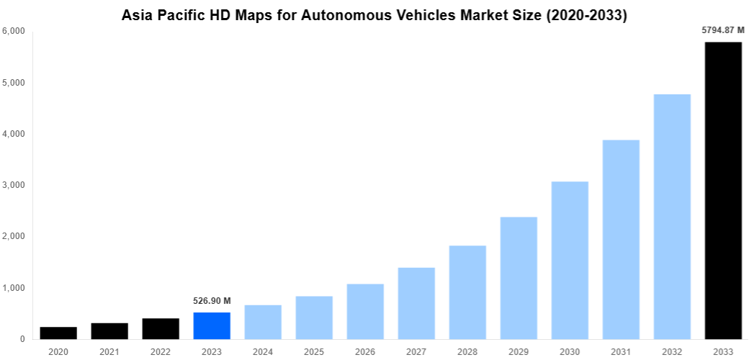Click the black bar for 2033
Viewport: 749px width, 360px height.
tap(722, 191)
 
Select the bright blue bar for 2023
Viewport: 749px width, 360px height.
tap(212, 325)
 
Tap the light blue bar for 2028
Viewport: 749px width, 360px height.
tap(467, 292)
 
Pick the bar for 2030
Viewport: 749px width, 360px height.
tap(570, 260)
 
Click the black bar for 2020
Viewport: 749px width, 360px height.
tap(58, 333)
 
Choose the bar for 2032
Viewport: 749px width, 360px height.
tap(672, 217)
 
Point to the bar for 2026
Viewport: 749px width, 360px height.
tap(365, 311)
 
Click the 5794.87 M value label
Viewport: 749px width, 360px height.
tap(722, 30)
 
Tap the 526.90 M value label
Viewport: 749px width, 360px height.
tap(212, 300)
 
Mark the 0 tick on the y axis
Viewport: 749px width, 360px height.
tap(22, 339)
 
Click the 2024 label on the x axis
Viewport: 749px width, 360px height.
tap(263, 351)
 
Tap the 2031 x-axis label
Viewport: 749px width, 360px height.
tap(621, 351)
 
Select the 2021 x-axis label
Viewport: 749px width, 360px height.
tap(109, 351)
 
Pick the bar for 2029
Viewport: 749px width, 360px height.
tap(519, 278)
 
